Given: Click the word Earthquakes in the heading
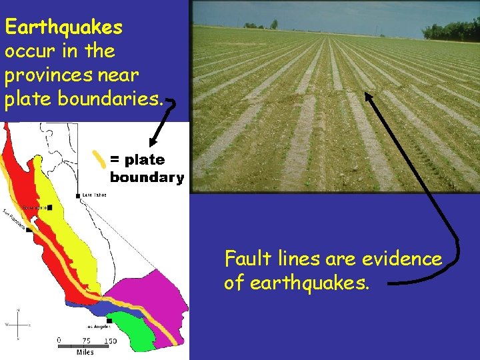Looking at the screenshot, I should (x=63, y=27).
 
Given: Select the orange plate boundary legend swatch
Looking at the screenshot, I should (x=99, y=160).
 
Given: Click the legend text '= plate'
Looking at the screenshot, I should (x=137, y=160).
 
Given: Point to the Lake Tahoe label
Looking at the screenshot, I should (x=94, y=195).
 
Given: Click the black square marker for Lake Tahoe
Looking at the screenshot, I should (x=79, y=195).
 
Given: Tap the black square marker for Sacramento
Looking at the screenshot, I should (x=49, y=208).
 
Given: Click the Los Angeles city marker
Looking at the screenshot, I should (x=108, y=321).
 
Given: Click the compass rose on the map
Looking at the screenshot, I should (x=18, y=325).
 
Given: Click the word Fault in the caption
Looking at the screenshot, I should (x=244, y=259).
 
